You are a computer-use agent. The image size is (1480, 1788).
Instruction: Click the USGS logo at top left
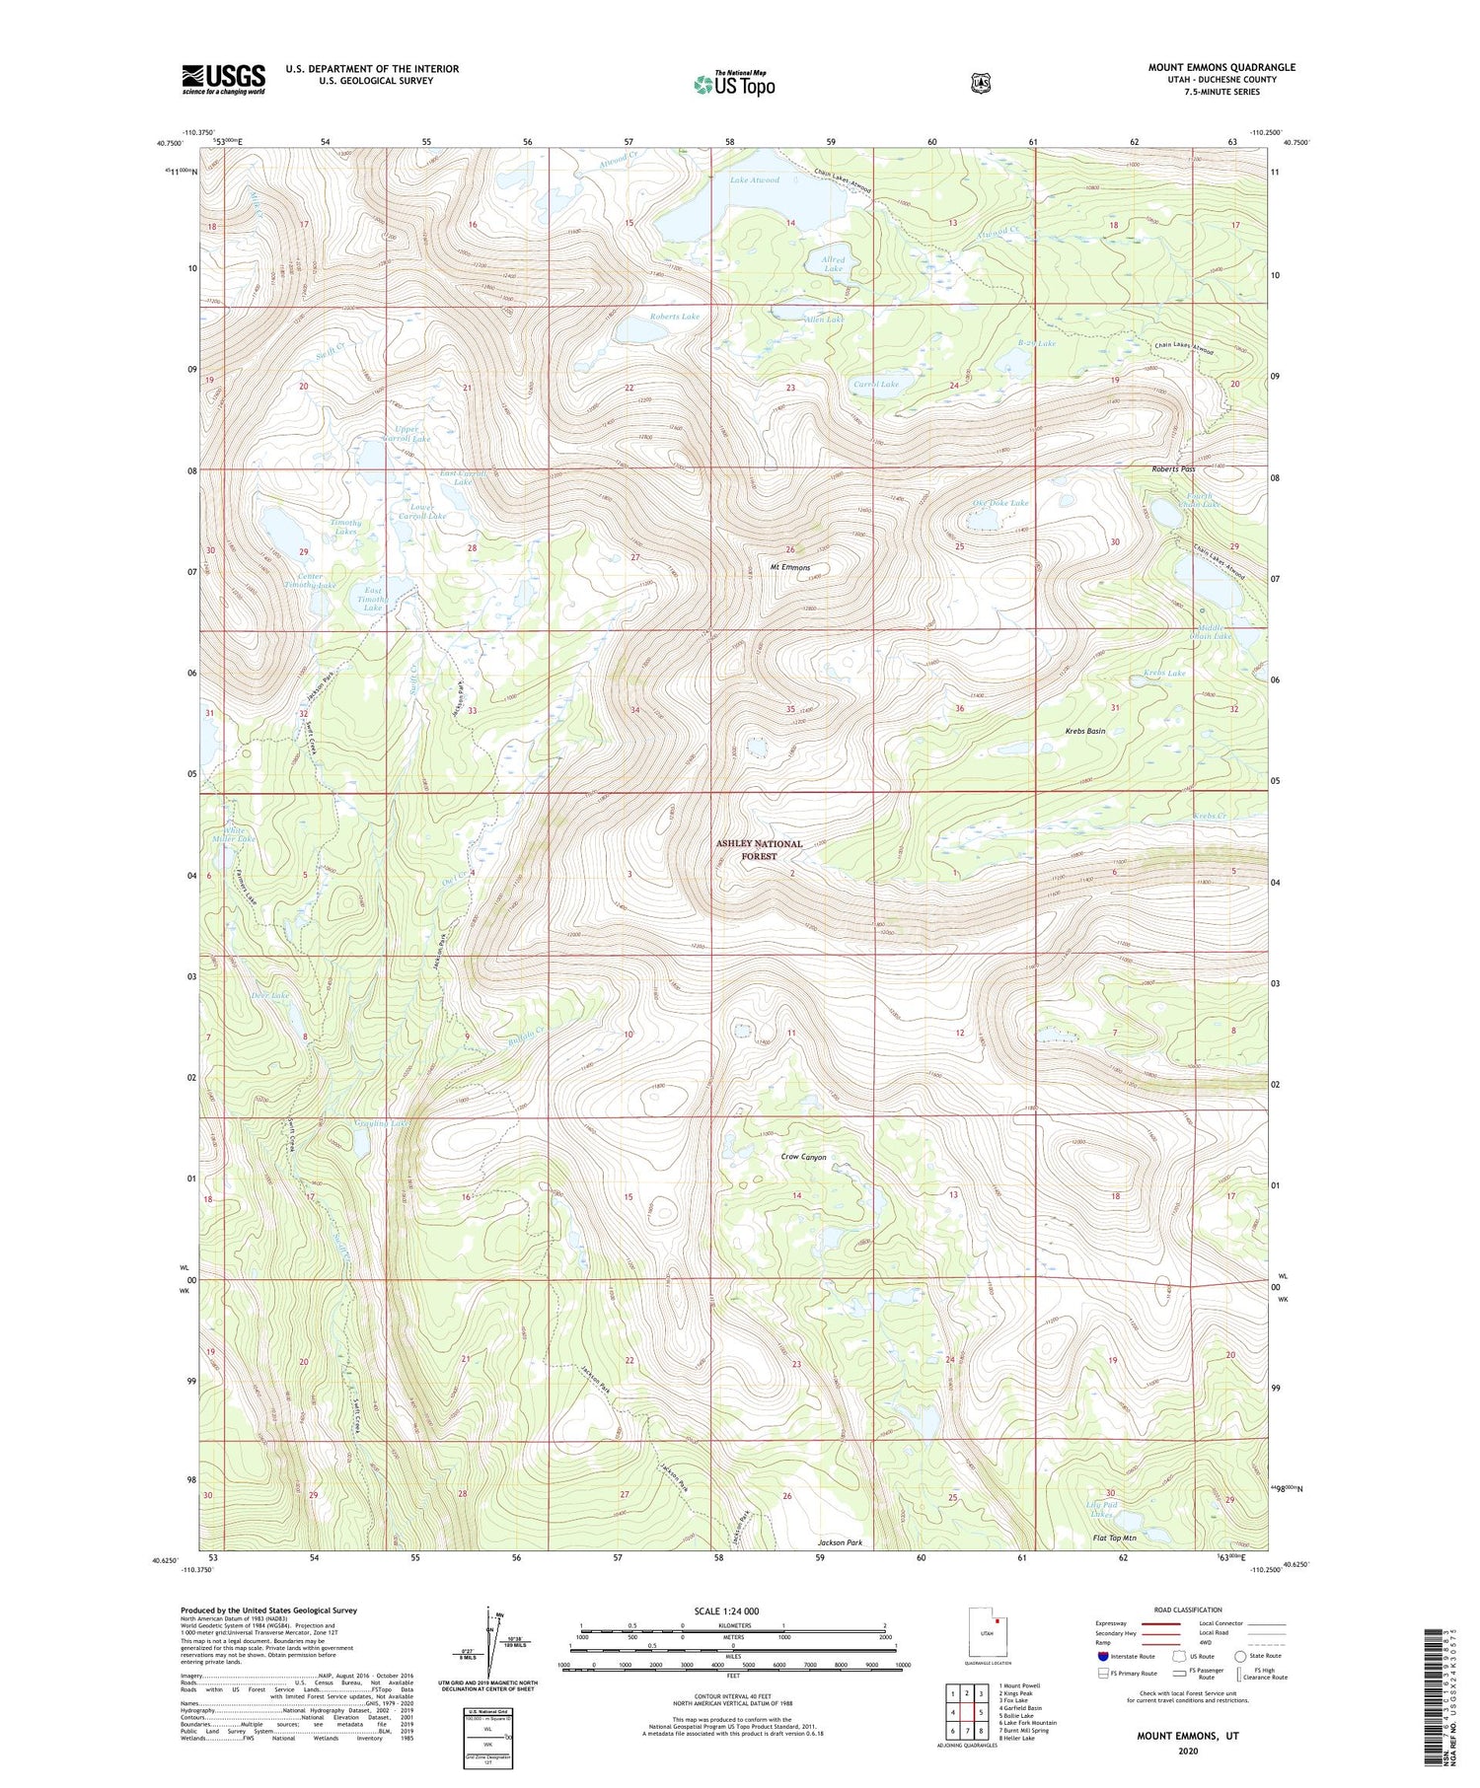tap(223, 79)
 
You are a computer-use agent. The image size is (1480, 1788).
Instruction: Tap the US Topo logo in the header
tap(734, 84)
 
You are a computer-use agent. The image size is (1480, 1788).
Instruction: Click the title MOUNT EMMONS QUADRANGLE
tap(1221, 67)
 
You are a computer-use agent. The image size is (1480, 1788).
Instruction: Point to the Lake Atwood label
tap(755, 180)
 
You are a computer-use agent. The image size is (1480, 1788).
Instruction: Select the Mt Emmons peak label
tap(789, 567)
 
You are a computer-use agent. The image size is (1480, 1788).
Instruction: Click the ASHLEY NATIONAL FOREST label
tap(759, 850)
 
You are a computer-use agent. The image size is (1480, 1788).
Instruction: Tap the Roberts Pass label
tap(1173, 469)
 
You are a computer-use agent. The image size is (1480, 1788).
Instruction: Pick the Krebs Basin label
tap(1084, 731)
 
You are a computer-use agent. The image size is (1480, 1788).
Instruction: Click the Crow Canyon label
tap(803, 1157)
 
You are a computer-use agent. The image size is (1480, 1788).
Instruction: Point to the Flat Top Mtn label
tap(1114, 1538)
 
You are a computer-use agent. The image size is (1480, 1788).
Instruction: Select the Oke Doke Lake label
tap(1000, 503)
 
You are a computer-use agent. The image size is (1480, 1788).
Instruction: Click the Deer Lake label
tap(269, 995)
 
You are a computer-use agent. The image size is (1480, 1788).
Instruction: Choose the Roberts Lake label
tap(674, 317)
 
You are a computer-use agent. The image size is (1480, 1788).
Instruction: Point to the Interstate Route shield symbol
tap(1102, 1656)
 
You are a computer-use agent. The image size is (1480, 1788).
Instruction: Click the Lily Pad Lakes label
tap(1101, 1509)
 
